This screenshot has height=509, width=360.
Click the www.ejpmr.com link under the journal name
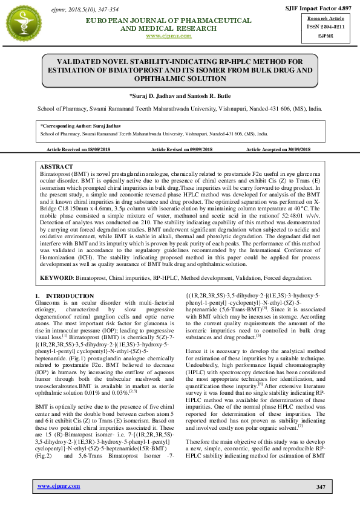tap(169, 36)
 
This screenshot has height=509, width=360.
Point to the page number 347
tap(321, 487)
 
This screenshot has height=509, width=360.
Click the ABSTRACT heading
tap(56, 166)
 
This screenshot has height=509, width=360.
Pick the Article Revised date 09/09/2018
tap(199, 149)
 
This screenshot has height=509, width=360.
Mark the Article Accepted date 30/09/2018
tap(296, 149)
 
